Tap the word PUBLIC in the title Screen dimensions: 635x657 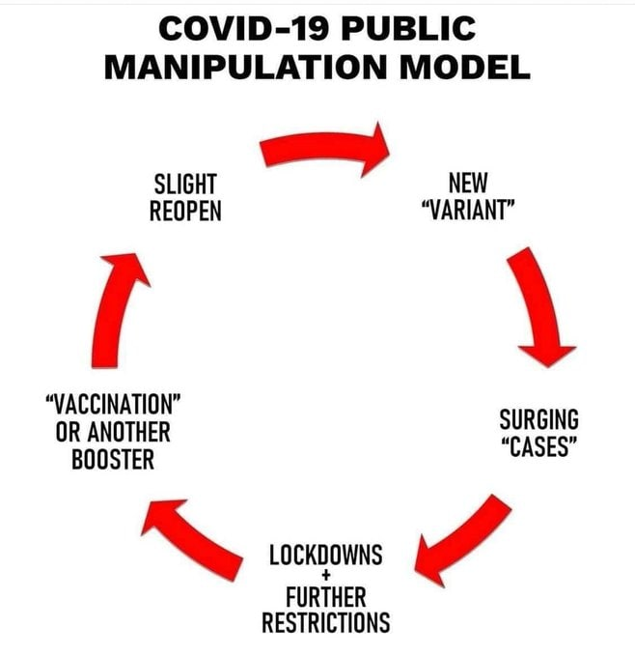click(408, 28)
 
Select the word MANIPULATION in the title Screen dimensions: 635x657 click(245, 68)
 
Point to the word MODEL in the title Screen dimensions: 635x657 click(465, 68)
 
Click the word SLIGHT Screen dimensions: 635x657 click(185, 184)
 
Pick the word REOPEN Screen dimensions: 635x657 click(185, 211)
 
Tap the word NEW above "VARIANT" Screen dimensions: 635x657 click(468, 183)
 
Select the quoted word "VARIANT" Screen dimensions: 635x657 click(468, 210)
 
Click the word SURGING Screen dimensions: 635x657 click(539, 419)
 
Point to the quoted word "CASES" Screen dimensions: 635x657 click(539, 446)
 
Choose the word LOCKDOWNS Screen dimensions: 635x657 click(325, 555)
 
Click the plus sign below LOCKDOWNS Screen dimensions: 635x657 click(326, 575)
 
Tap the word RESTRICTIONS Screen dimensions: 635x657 click(325, 622)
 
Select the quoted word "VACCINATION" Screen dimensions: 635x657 click(113, 404)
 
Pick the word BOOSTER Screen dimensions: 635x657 click(113, 459)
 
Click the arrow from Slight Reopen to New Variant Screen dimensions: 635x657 click(322, 147)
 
